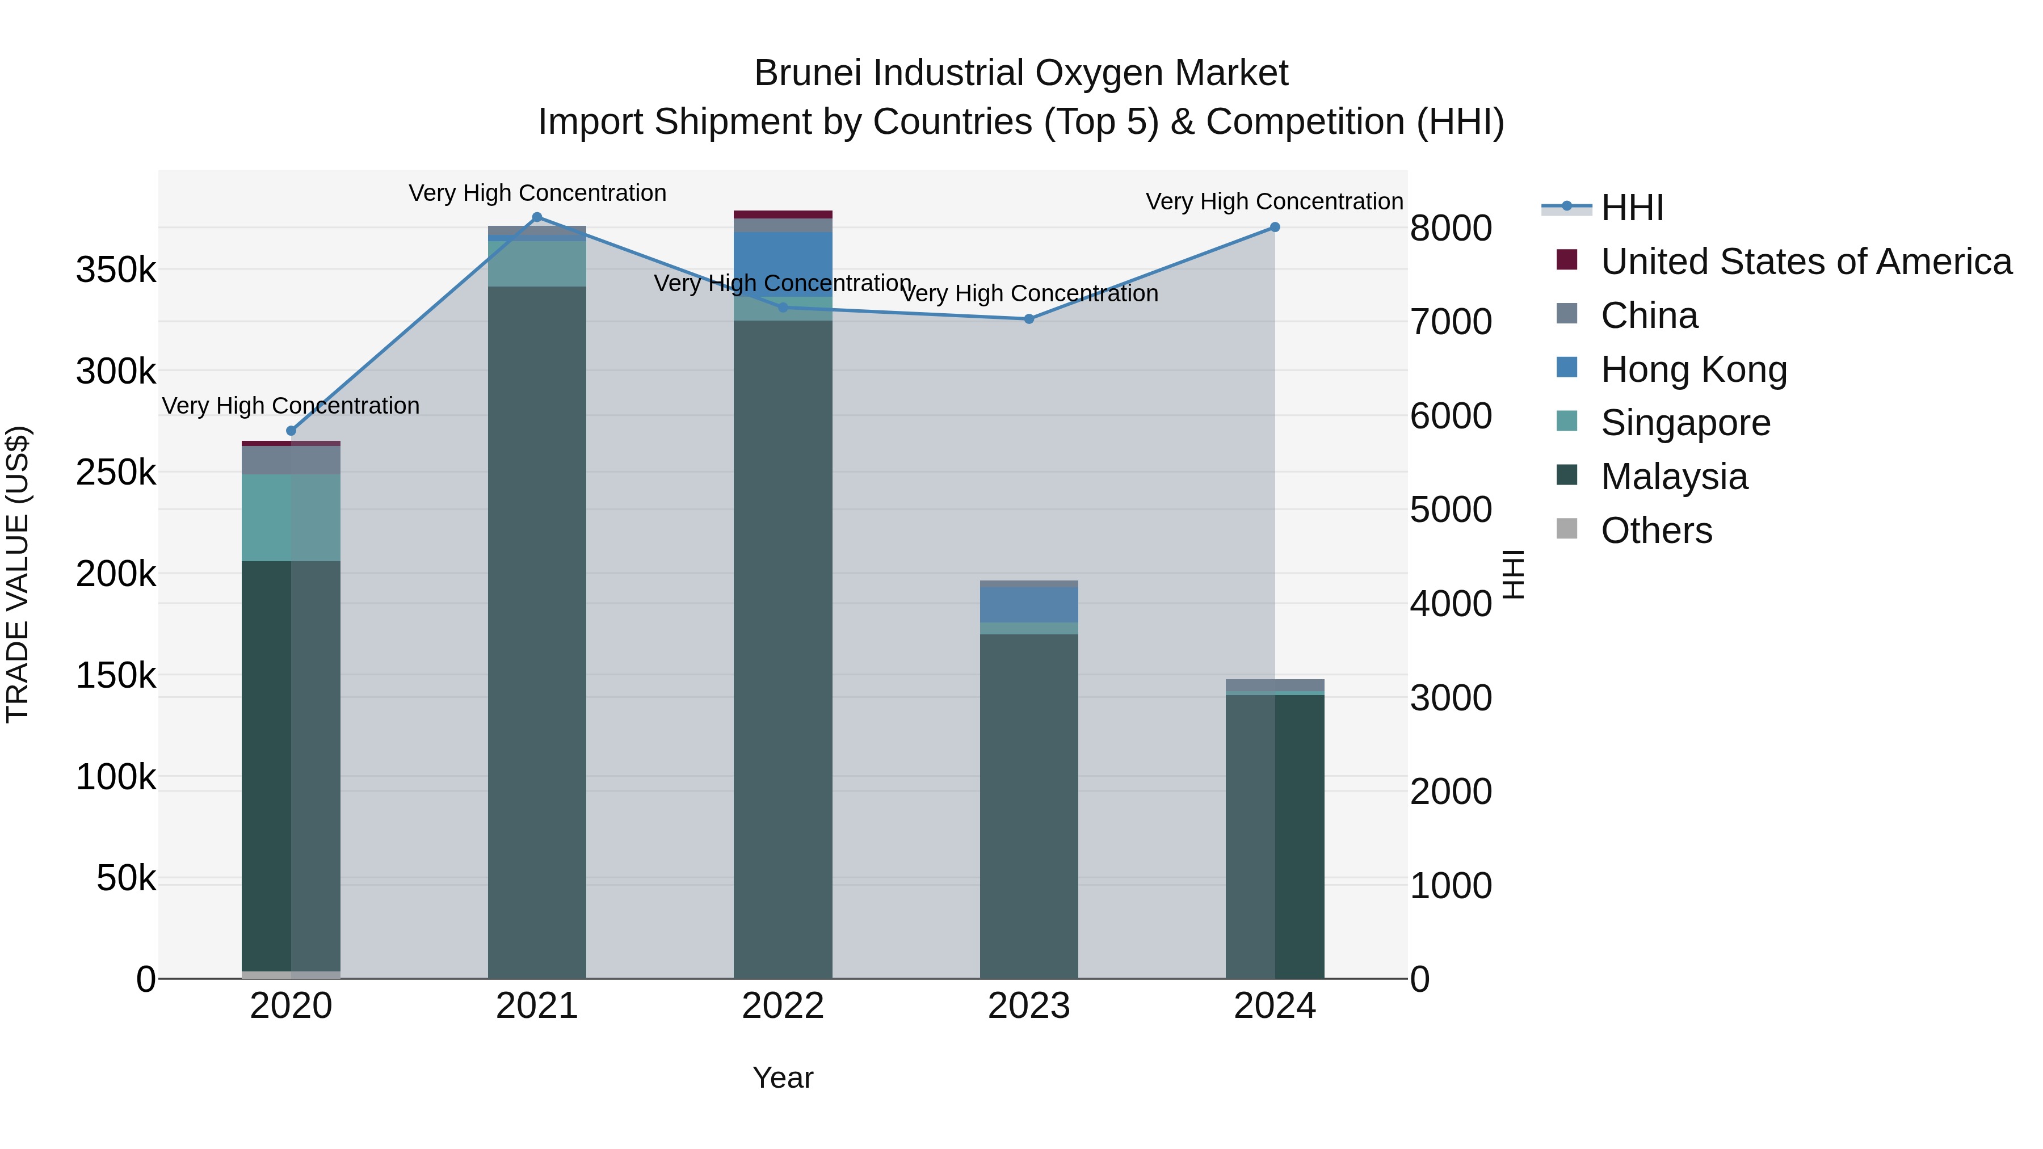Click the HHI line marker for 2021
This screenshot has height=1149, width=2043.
coord(537,217)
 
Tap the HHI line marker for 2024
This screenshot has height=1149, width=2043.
coord(1275,228)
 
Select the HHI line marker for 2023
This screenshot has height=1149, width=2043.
coord(1029,319)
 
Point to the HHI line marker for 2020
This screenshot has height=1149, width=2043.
coord(291,431)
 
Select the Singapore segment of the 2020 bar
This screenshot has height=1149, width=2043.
coord(291,518)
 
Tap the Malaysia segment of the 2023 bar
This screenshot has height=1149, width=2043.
coord(1029,805)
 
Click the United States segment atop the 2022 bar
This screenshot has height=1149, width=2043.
coord(783,214)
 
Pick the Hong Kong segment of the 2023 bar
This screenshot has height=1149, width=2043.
coord(1029,604)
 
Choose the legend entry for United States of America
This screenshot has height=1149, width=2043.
coord(1805,262)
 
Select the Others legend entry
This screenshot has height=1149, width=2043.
coord(1656,531)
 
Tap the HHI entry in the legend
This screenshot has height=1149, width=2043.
coord(1632,208)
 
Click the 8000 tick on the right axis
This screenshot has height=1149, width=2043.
coord(1451,228)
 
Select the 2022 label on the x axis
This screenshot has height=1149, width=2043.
coord(783,1006)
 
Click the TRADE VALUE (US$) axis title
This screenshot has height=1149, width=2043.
coord(18,574)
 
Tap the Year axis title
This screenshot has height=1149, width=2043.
coord(783,1078)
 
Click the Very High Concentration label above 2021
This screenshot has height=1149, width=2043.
coord(537,193)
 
